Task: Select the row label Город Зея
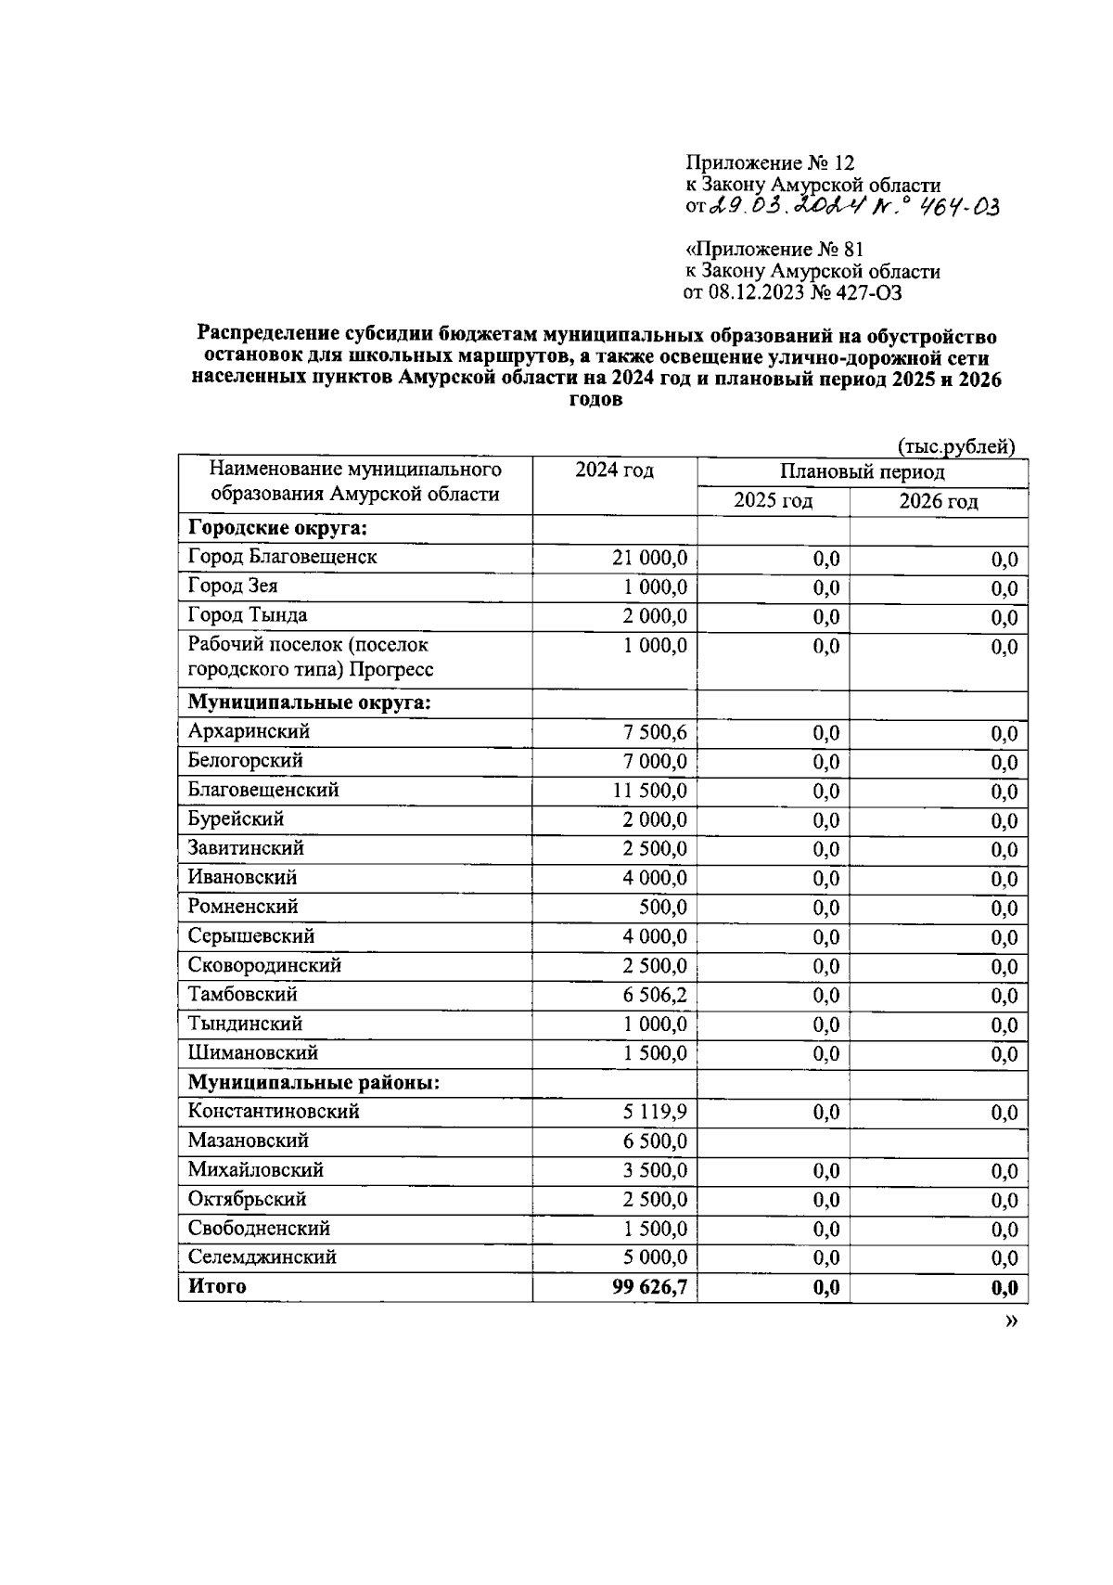click(x=232, y=586)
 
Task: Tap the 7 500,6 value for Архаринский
click(x=655, y=732)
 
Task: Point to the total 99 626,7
click(x=649, y=1287)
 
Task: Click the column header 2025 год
click(x=773, y=502)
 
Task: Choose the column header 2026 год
click(x=938, y=502)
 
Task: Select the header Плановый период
click(x=862, y=472)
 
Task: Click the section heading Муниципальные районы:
click(x=313, y=1082)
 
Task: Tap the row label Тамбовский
click(x=242, y=995)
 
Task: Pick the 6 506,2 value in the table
click(x=655, y=996)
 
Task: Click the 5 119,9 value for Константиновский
click(x=655, y=1112)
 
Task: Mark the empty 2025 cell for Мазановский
click(x=773, y=1140)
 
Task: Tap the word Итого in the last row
click(x=217, y=1286)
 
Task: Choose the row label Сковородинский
click(x=264, y=965)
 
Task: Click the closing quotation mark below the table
click(x=1011, y=1321)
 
